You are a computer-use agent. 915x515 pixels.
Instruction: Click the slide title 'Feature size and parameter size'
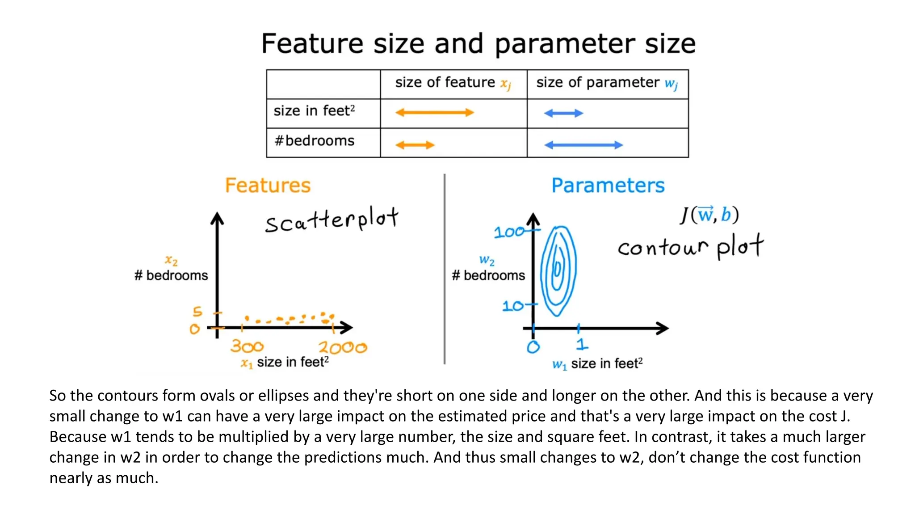(x=478, y=44)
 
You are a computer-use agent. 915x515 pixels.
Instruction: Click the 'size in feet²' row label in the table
(x=314, y=111)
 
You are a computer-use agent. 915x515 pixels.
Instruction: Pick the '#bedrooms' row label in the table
(x=315, y=141)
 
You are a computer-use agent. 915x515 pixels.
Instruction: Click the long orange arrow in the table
(x=434, y=113)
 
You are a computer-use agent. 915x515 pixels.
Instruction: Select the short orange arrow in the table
(x=415, y=145)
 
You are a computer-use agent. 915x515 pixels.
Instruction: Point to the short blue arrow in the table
(x=563, y=113)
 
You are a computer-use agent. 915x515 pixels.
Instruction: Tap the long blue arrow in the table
(x=583, y=145)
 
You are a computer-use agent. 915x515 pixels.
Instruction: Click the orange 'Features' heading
(x=268, y=186)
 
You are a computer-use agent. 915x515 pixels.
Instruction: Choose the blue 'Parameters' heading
(x=608, y=186)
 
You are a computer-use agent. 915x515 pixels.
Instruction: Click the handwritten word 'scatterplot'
(x=331, y=220)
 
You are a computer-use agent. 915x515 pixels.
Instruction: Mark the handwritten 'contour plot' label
(x=690, y=247)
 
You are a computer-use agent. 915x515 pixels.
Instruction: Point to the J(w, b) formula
(x=709, y=215)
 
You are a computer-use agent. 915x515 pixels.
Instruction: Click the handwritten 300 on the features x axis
(x=247, y=346)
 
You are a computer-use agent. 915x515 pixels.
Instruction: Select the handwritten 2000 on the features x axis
(x=343, y=347)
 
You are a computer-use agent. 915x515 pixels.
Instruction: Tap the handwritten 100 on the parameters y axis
(x=509, y=232)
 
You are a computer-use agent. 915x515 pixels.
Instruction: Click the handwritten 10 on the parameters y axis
(x=512, y=306)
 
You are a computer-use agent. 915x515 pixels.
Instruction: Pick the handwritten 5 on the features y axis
(x=197, y=311)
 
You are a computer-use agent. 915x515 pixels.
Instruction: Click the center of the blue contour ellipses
(x=558, y=270)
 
